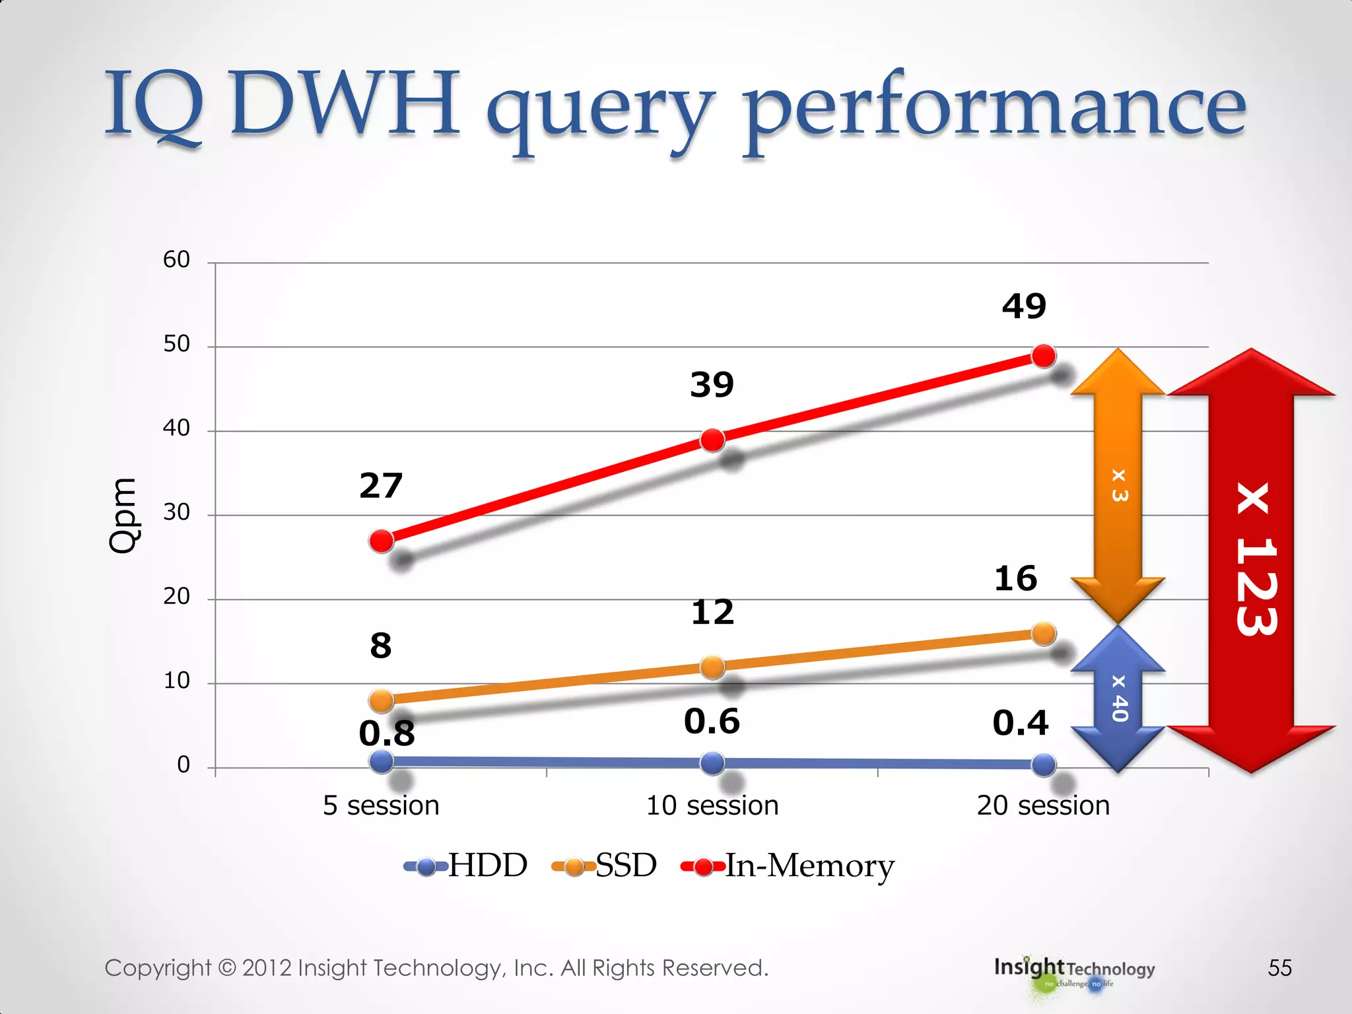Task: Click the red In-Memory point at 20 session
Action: (1044, 356)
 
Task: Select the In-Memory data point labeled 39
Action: (712, 440)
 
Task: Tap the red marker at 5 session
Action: (382, 541)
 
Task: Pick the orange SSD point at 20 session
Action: (1044, 634)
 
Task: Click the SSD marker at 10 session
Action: (712, 667)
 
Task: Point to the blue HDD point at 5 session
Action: (382, 761)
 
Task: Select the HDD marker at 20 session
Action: (1044, 764)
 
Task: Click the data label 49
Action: (1024, 306)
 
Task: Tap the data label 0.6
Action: (712, 721)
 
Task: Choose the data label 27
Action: (381, 486)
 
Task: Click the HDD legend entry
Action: (466, 865)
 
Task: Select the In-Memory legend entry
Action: (788, 865)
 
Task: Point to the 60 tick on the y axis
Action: (176, 259)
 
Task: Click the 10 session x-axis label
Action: (712, 805)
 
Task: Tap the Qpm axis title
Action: (123, 515)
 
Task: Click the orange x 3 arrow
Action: (1118, 485)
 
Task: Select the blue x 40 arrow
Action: (1118, 698)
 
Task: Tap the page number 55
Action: (1279, 968)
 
